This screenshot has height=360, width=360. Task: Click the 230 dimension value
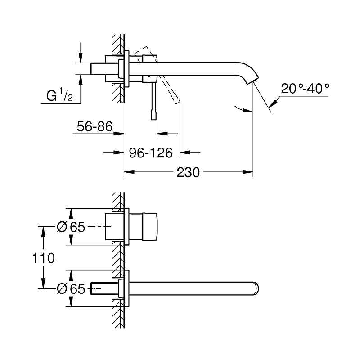pyautogui.click(x=188, y=172)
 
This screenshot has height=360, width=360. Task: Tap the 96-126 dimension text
pyautogui.click(x=151, y=153)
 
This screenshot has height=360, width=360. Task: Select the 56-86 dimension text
pyautogui.click(x=94, y=126)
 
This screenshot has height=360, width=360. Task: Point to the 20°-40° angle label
pyautogui.click(x=305, y=89)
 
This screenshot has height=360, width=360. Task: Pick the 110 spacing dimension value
pyautogui.click(x=43, y=258)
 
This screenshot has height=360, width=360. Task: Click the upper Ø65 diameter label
pyautogui.click(x=71, y=227)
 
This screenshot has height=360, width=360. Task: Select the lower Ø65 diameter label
pyautogui.click(x=71, y=288)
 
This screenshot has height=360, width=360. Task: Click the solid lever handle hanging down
pyautogui.click(x=154, y=101)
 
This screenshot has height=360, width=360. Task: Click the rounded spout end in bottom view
pyautogui.click(x=256, y=288)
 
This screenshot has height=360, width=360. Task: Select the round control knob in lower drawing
pyautogui.click(x=150, y=227)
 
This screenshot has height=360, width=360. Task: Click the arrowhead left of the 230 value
pyautogui.click(x=129, y=172)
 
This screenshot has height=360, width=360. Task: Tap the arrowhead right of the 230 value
pyautogui.click(x=248, y=172)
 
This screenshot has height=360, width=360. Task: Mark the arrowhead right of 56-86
pyautogui.click(x=119, y=134)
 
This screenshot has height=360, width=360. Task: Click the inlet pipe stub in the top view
pyautogui.click(x=104, y=69)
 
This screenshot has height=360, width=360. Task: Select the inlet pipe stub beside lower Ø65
pyautogui.click(x=104, y=288)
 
